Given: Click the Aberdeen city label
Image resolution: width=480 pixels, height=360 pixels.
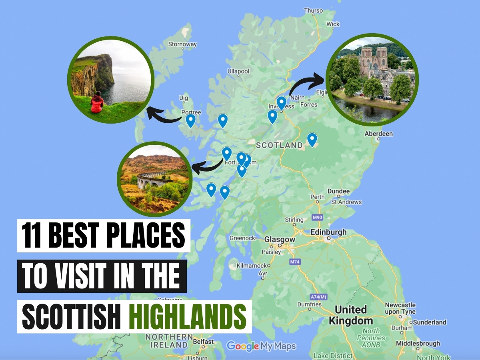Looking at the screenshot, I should click(378, 134).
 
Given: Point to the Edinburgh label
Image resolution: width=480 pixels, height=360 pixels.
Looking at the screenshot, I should click(328, 232).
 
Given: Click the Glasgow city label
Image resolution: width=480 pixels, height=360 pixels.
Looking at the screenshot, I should click(280, 240).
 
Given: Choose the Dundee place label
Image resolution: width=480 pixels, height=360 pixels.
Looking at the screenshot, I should click(338, 191).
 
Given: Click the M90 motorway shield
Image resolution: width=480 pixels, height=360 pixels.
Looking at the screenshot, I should click(317, 217).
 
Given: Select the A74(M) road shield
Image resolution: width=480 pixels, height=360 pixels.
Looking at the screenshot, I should click(319, 297).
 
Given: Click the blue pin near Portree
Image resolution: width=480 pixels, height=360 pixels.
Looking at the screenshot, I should click(191, 120).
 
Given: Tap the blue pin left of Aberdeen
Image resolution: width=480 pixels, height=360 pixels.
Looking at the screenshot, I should click(312, 139).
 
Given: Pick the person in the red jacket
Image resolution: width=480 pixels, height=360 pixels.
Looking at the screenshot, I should click(97, 102).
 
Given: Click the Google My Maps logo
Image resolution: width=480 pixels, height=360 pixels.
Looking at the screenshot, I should click(261, 346).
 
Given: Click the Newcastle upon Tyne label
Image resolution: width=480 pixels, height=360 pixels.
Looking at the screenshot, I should click(400, 308).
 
